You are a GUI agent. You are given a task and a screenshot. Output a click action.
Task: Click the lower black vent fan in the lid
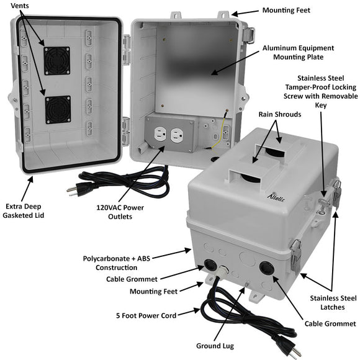tap(58, 109)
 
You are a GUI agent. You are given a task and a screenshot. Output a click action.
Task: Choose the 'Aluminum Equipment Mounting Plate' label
tap(298, 52)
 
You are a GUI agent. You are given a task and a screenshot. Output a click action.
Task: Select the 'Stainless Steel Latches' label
tap(330, 304)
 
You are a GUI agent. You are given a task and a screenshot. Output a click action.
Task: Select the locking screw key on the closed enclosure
tap(324, 205)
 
